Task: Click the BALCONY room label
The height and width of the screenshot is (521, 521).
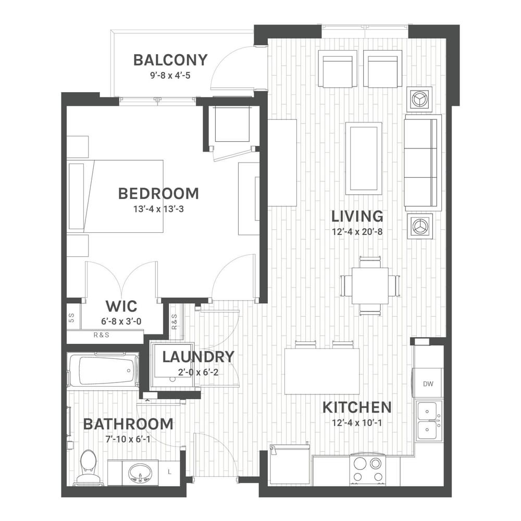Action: coord(170,60)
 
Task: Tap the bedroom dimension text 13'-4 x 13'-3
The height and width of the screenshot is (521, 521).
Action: coord(158,209)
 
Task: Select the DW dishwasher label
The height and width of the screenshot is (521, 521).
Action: coord(428,384)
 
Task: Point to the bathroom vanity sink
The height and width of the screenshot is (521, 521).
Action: coord(140,473)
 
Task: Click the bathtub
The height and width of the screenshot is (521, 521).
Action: coord(103,370)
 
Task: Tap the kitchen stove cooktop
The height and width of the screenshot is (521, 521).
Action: coord(367,470)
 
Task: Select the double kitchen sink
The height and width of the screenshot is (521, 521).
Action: coord(429,420)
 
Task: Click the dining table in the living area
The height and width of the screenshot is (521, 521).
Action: coord(370,286)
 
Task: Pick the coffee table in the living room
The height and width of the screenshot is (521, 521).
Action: coord(364,158)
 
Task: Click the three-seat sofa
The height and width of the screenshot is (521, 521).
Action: coord(423,163)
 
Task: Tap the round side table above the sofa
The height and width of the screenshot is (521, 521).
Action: coord(419,98)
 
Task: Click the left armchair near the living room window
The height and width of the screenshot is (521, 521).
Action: coord(338,69)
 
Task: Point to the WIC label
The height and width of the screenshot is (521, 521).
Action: coord(121,306)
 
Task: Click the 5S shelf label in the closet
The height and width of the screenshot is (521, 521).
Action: coord(71,318)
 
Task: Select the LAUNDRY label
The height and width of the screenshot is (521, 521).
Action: coord(198,357)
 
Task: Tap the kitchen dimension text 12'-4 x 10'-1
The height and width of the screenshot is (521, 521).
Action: coord(357,423)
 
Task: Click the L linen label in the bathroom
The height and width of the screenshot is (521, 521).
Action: coord(170,472)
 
